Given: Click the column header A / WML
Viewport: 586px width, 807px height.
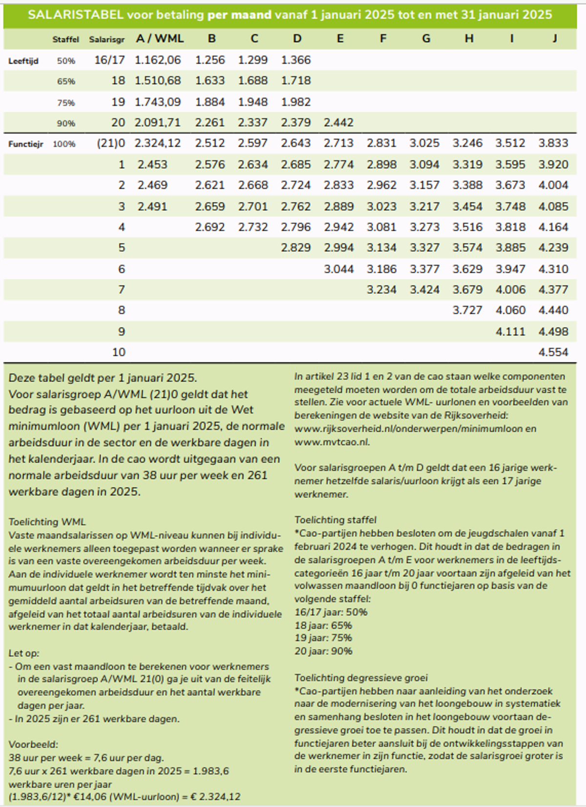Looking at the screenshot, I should point(160,39).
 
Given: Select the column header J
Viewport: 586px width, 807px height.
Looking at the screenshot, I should point(554,39).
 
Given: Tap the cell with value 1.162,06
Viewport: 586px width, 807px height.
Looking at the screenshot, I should point(158,60).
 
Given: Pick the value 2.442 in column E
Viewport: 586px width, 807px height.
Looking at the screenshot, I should point(338,122).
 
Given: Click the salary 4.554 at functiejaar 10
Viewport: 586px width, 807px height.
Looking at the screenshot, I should point(553,352).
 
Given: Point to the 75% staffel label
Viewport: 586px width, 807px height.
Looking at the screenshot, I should point(66,102).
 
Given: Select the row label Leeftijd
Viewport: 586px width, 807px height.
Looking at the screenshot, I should point(23,61).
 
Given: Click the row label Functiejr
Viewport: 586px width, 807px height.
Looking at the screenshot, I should point(26,144).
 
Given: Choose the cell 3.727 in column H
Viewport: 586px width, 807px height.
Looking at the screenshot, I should point(467,310).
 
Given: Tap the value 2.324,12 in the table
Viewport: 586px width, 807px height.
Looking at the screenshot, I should point(158,143).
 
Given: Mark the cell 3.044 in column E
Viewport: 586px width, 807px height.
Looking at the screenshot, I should point(338,269).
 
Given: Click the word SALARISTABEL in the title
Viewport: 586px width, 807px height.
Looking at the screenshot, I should point(76,15).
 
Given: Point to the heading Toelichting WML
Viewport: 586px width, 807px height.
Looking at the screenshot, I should point(47,522).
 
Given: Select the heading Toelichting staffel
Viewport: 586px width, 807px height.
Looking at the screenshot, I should point(335,520).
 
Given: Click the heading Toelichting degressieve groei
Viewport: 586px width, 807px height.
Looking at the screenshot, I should point(361,678).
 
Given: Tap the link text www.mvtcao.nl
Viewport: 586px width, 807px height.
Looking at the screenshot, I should point(332,442).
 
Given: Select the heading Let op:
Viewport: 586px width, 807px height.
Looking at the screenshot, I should point(24,653).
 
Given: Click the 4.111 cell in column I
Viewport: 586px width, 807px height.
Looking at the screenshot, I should point(510,332).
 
